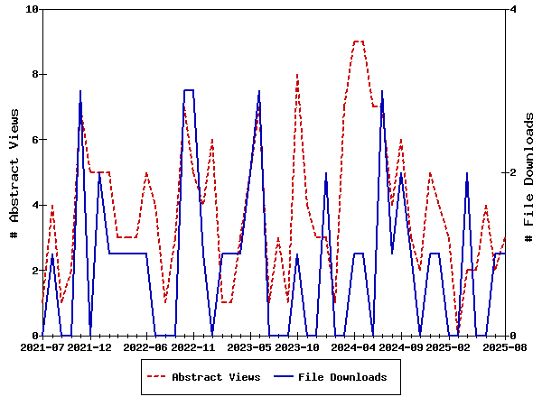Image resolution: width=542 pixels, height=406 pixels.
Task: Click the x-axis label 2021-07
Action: coord(42,346)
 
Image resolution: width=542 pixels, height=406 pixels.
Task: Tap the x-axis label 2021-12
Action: coord(90,346)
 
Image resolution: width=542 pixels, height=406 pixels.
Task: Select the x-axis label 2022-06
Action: coord(147,346)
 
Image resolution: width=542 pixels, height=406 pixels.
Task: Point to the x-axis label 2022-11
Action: coord(194,346)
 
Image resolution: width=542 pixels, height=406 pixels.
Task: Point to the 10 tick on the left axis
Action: coord(33,9)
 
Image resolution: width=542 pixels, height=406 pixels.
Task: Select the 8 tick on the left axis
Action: coord(35,74)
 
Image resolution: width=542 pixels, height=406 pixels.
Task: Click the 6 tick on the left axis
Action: coord(35,140)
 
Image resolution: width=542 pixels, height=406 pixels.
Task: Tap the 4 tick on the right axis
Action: coord(512,9)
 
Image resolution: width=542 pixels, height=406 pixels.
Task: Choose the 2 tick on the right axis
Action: coord(512,172)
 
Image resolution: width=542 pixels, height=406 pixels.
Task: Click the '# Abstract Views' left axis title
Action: coord(14,172)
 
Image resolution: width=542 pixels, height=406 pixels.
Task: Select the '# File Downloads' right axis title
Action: coord(529,172)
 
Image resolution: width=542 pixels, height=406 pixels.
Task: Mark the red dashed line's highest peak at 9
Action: coord(359,42)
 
